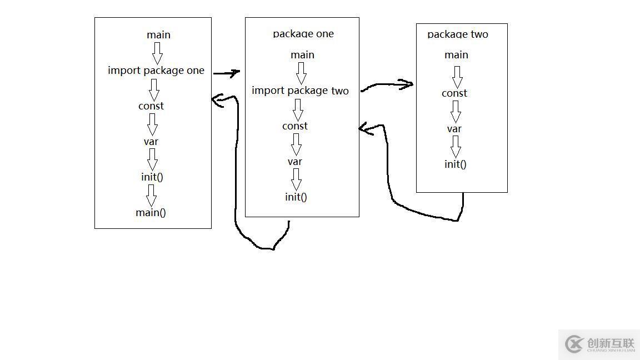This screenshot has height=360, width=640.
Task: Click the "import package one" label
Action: [156, 71]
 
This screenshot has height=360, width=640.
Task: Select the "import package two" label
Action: [300, 91]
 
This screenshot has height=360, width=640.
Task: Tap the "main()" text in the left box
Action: [151, 212]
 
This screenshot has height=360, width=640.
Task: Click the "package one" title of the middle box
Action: [303, 34]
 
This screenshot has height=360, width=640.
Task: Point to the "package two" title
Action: [458, 34]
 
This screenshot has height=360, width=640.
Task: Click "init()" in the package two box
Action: [456, 164]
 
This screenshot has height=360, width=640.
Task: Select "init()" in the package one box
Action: [296, 197]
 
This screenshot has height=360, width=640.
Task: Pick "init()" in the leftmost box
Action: [152, 177]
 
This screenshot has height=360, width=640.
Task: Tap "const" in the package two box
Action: [454, 93]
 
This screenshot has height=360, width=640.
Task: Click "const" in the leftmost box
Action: [151, 106]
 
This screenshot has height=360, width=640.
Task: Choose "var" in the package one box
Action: [295, 162]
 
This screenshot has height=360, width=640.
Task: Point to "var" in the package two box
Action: [454, 129]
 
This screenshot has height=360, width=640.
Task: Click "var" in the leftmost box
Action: [151, 142]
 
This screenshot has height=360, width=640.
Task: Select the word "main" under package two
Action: [456, 55]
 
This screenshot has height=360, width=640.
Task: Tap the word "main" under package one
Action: [302, 55]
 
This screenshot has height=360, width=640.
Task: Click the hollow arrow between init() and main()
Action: [151, 195]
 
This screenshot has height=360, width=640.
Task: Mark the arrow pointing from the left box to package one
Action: [226, 73]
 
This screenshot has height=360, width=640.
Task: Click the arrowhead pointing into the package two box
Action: [407, 84]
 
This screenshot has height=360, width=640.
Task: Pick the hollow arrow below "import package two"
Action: [298, 109]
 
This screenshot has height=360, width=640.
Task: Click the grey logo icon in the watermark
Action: [574, 344]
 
